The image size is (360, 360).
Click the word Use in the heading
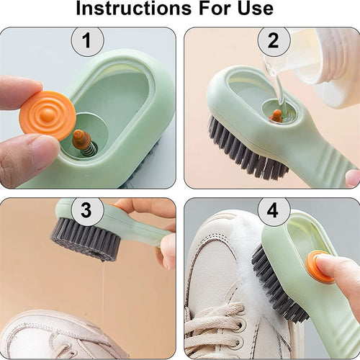point(256,8)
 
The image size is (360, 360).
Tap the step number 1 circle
point(87,40)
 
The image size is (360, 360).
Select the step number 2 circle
point(274,40)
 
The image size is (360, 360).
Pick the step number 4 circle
point(274,211)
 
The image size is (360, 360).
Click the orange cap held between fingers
point(47,116)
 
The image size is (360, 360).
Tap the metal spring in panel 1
point(89,150)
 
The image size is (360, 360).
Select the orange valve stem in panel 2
point(275,116)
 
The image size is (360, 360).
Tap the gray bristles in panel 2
point(247,150)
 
